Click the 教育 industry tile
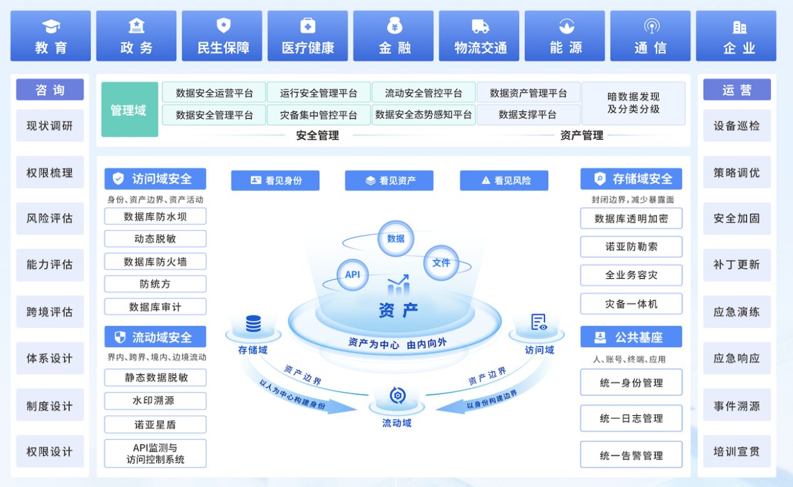[51, 36]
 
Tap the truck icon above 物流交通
[480, 26]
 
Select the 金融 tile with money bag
[394, 36]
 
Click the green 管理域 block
[129, 110]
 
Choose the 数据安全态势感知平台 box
[423, 115]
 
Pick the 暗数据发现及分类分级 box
[633, 103]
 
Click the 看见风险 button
[504, 181]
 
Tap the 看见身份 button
[275, 181]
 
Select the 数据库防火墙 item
[155, 262]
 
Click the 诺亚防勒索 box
[631, 247]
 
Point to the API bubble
[352, 274]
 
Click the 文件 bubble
[441, 263]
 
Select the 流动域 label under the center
[397, 423]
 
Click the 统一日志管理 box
[631, 419]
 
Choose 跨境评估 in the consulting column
[50, 312]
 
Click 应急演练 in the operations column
[737, 312]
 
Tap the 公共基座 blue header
[631, 337]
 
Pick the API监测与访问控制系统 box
[155, 454]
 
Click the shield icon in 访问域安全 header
[118, 179]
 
